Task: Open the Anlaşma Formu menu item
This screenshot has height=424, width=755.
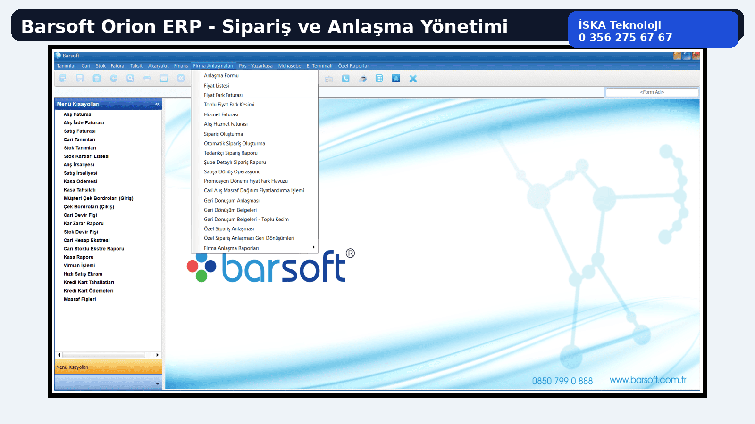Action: [221, 76]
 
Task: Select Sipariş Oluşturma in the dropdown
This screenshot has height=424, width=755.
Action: [223, 134]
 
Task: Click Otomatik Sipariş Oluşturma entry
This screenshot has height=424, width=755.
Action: [234, 143]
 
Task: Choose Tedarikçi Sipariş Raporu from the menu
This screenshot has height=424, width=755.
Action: [231, 153]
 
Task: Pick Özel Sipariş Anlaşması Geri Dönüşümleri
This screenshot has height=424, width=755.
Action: [249, 238]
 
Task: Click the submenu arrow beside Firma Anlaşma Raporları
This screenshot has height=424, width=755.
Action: [313, 247]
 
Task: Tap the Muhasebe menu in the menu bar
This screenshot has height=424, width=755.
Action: [290, 66]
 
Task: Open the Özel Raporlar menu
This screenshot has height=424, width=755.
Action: [353, 66]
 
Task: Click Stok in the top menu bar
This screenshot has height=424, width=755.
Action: [101, 66]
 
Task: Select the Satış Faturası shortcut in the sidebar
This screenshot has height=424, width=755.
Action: [80, 131]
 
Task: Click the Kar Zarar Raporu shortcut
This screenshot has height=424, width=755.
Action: [84, 223]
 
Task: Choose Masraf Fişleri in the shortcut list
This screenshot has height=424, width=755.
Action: [80, 299]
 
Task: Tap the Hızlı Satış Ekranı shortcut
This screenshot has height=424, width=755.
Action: [83, 274]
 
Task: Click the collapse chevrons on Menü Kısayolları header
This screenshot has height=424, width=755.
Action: [158, 104]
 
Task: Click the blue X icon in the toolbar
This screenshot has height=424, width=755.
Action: [413, 79]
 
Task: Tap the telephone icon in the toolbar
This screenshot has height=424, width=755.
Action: [345, 79]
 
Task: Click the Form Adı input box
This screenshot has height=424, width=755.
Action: [652, 92]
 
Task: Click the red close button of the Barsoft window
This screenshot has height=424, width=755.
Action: [696, 56]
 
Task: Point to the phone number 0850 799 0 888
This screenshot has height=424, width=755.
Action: [562, 381]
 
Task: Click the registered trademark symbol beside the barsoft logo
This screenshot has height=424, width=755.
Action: [350, 253]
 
